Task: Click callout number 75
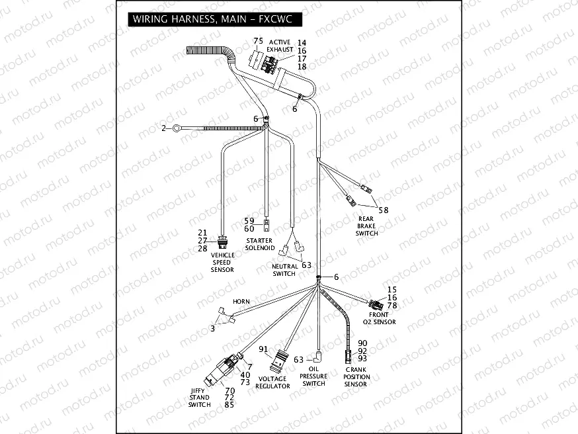tap(258, 41)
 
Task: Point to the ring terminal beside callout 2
tap(176, 128)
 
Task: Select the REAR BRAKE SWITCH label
tap(367, 226)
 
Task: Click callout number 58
tap(383, 210)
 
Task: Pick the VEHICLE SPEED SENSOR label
tap(222, 262)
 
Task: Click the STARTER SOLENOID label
tap(260, 244)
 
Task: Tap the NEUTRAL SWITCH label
tap(284, 270)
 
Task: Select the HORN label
tap(241, 302)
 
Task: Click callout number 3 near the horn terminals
tap(213, 327)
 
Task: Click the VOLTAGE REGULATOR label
tap(272, 382)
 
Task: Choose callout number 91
tap(263, 349)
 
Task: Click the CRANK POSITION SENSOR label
tap(356, 376)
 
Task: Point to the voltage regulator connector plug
tap(279, 361)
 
